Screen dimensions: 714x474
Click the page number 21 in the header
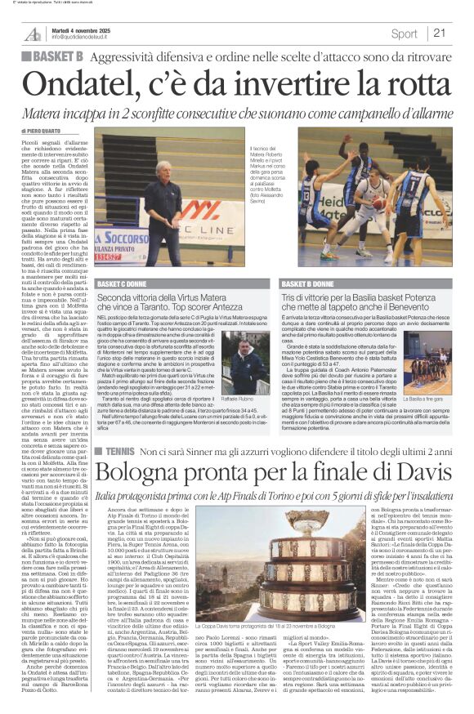tap(440, 33)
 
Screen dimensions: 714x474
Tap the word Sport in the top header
tap(403, 33)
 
